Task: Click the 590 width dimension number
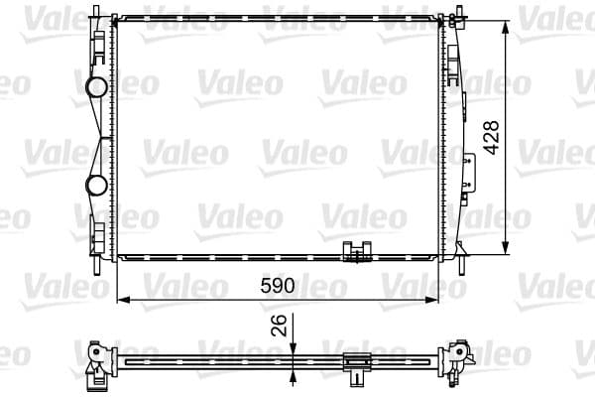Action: coord(279,287)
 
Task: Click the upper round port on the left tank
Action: coord(97,87)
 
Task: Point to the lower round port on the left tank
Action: coord(97,185)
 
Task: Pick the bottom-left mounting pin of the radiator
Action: coord(97,264)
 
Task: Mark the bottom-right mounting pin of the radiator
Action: coord(460,263)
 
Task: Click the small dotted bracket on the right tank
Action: coord(467,159)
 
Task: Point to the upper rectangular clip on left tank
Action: coord(99,43)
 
